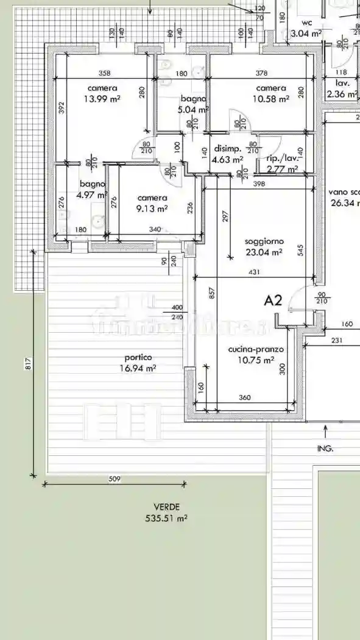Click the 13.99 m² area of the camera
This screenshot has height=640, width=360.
pos(102,99)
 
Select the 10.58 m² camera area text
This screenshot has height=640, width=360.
pos(271,99)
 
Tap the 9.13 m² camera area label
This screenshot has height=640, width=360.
pos(152,208)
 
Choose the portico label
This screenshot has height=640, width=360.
pos(138,357)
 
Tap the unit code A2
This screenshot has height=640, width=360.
pos(274,300)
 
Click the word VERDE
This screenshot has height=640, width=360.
pos(166,507)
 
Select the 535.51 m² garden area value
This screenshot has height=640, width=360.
pos(166,518)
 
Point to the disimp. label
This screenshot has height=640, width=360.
pos(227,149)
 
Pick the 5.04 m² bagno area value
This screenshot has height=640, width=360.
pos(193,110)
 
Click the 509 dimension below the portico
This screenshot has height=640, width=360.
pos(114,479)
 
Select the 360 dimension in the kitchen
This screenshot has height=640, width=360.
pos(244,397)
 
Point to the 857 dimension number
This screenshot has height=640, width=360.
pos(211,294)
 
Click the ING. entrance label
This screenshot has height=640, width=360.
pos(325,448)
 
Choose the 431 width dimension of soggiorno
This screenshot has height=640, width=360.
pos(254,272)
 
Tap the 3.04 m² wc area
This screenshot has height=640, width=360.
pos(306,34)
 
